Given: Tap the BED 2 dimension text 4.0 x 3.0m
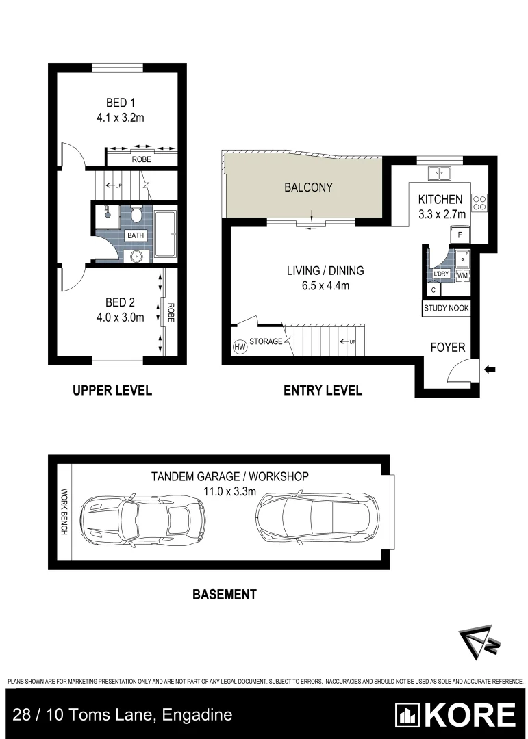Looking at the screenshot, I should click(120, 317).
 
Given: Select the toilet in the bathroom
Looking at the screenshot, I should click(136, 217).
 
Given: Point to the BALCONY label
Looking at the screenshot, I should click(308, 187).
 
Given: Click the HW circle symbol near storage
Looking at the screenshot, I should click(240, 347).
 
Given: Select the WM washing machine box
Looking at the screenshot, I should click(462, 275).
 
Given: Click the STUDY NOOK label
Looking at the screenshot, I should click(447, 308).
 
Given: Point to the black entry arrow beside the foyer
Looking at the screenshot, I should click(490, 369).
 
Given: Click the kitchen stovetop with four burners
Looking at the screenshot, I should click(479, 202).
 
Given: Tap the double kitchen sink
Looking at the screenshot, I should click(440, 174).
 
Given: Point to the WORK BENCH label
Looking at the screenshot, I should click(64, 512).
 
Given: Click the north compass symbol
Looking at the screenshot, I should click(476, 643).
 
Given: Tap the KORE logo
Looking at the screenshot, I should click(455, 715).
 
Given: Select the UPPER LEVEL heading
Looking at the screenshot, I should click(112, 391).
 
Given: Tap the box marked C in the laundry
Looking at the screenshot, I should click(433, 289).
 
